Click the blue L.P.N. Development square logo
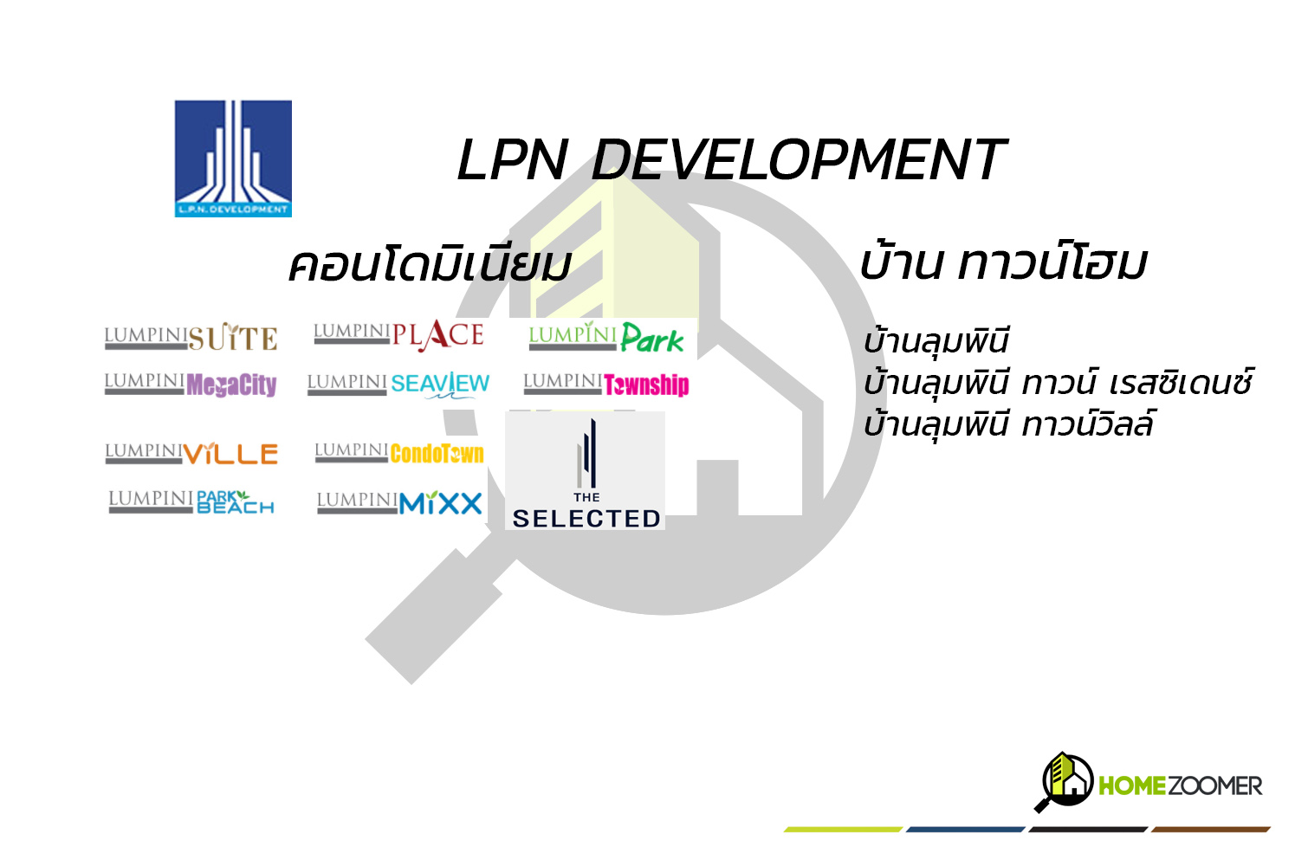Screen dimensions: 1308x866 pyautogui.click(x=233, y=158)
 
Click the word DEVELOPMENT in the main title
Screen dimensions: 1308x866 pyautogui.click(x=799, y=160)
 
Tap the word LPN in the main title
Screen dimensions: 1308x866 pyautogui.click(x=512, y=160)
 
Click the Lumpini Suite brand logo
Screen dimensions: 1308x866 pyautogui.click(x=191, y=336)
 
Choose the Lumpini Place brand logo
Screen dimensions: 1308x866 pyautogui.click(x=398, y=336)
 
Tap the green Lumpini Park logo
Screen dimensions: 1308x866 pyautogui.click(x=606, y=337)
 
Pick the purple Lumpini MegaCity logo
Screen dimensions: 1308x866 pyautogui.click(x=191, y=385)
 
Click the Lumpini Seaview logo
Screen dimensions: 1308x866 pyautogui.click(x=398, y=385)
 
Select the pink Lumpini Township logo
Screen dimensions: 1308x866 pyautogui.click(x=606, y=385)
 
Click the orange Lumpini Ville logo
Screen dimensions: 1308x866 pyautogui.click(x=191, y=453)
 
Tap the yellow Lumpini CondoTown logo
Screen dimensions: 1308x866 pyautogui.click(x=399, y=453)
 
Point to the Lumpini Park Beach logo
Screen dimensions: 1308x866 pyautogui.click(x=191, y=502)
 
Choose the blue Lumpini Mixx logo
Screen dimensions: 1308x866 pyautogui.click(x=399, y=503)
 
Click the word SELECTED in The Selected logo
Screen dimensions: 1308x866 pyautogui.click(x=586, y=519)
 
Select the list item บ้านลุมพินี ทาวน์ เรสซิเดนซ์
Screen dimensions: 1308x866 pyautogui.click(x=1058, y=383)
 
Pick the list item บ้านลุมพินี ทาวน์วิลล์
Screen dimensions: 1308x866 pyautogui.click(x=1008, y=423)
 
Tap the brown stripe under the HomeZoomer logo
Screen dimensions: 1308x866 pyautogui.click(x=1211, y=830)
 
